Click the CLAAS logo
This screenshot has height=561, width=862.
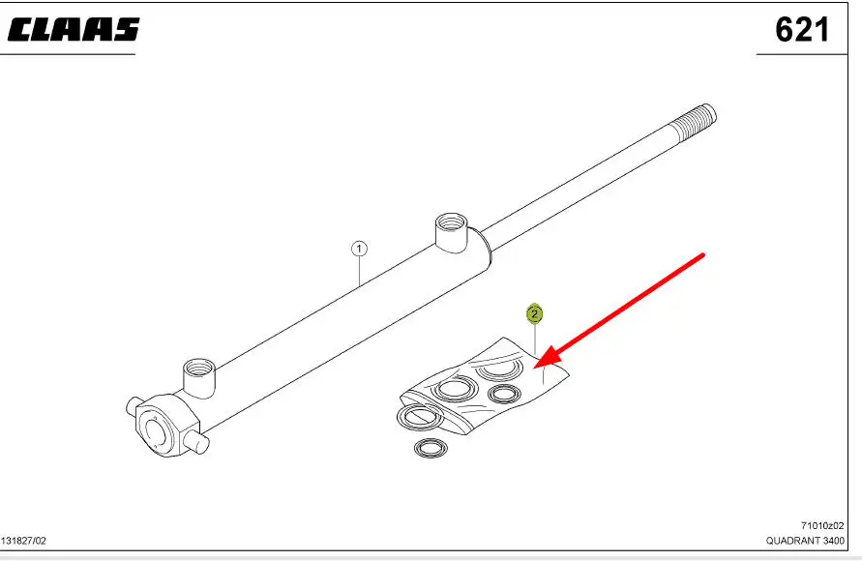(x=74, y=30)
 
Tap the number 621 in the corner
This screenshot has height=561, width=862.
(x=802, y=30)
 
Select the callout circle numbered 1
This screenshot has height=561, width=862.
(x=359, y=249)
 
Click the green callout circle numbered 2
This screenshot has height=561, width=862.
(x=534, y=314)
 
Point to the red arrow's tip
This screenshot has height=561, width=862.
(x=535, y=368)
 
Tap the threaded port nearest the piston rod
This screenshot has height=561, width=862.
(x=452, y=232)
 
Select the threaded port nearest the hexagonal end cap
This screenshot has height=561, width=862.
(x=199, y=376)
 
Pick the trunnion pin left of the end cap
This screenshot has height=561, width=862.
(x=134, y=405)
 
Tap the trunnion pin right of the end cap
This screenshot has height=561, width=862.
(x=199, y=442)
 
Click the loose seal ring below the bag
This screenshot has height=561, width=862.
(x=431, y=448)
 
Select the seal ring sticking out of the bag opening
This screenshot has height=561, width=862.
(x=419, y=417)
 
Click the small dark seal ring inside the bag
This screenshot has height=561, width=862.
(x=504, y=394)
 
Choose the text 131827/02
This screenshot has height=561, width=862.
(x=23, y=542)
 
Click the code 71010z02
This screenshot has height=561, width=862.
(x=822, y=526)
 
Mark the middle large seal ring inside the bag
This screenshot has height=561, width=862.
(x=455, y=390)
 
